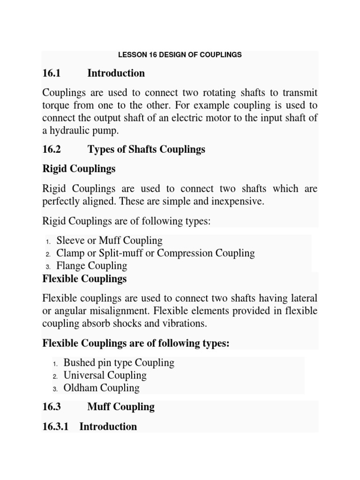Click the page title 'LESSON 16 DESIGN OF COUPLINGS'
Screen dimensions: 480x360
(x=180, y=55)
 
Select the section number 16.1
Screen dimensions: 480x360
(x=52, y=73)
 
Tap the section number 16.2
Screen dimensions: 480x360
(x=52, y=150)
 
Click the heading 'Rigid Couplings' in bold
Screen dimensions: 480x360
(x=79, y=169)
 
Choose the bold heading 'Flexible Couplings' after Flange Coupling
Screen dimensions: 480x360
(x=84, y=279)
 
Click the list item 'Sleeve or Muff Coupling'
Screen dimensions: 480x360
(x=109, y=241)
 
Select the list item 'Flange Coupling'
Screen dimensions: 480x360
(x=91, y=266)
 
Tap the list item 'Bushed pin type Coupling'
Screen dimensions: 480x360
(x=119, y=363)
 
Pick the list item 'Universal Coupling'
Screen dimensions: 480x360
(x=105, y=375)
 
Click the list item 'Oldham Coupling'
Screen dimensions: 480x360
(x=101, y=388)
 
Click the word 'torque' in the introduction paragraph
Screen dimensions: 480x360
(x=56, y=105)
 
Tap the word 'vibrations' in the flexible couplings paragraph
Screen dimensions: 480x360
(x=183, y=324)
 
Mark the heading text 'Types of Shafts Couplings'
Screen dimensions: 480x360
(x=146, y=150)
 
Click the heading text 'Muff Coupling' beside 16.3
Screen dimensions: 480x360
(x=121, y=407)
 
